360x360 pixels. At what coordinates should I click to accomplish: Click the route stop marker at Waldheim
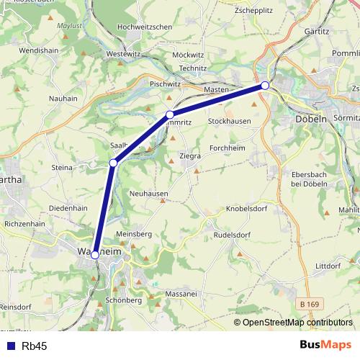[x=95, y=254]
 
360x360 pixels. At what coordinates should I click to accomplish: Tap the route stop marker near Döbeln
[x=265, y=86]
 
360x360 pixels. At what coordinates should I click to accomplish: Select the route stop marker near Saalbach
[x=113, y=163]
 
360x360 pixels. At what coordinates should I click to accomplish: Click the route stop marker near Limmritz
[x=170, y=114]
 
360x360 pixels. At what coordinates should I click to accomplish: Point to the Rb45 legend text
[x=34, y=346]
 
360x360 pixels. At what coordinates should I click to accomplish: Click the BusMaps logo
[x=326, y=346]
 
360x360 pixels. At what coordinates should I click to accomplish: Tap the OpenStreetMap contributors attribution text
[x=297, y=323]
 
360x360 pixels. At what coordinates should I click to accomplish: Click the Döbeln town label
[x=311, y=119]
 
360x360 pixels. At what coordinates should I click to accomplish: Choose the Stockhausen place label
[x=229, y=122]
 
